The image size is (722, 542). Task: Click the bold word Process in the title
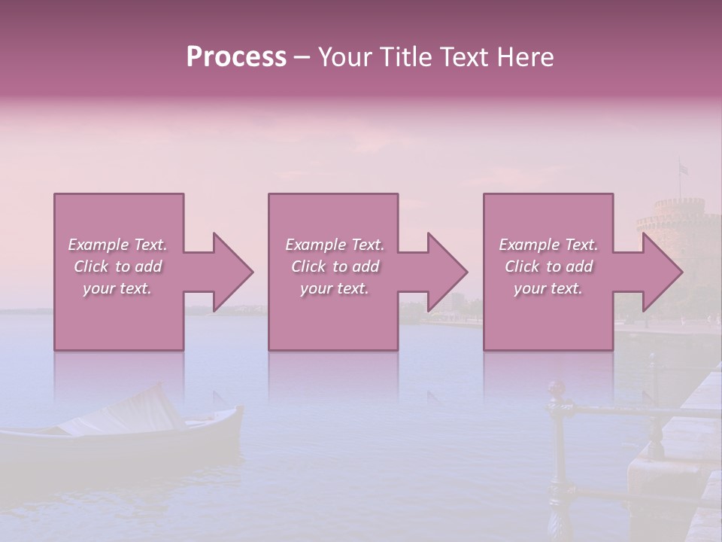pos(236,56)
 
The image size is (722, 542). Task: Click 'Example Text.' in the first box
pos(117,245)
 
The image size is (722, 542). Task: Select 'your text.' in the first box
pos(117,288)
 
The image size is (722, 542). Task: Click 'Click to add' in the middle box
pos(335,266)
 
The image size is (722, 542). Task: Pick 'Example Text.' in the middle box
pos(335,245)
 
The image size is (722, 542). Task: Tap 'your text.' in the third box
pos(548,288)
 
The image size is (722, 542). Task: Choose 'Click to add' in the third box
pos(548,266)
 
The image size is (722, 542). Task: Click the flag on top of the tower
pos(683,169)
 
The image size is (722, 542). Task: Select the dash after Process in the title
pos(302,56)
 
